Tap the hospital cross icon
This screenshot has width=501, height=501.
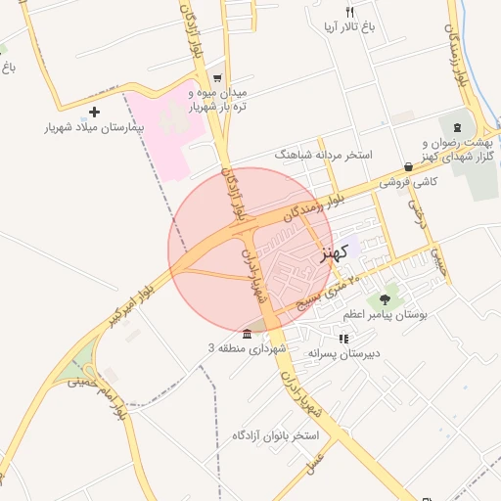[94, 112]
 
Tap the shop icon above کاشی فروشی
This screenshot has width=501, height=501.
[408, 166]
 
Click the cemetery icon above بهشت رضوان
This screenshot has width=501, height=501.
[457, 128]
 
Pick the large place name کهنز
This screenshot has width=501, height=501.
[334, 253]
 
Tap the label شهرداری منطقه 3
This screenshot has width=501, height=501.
[247, 347]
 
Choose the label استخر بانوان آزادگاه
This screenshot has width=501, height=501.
[279, 433]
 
